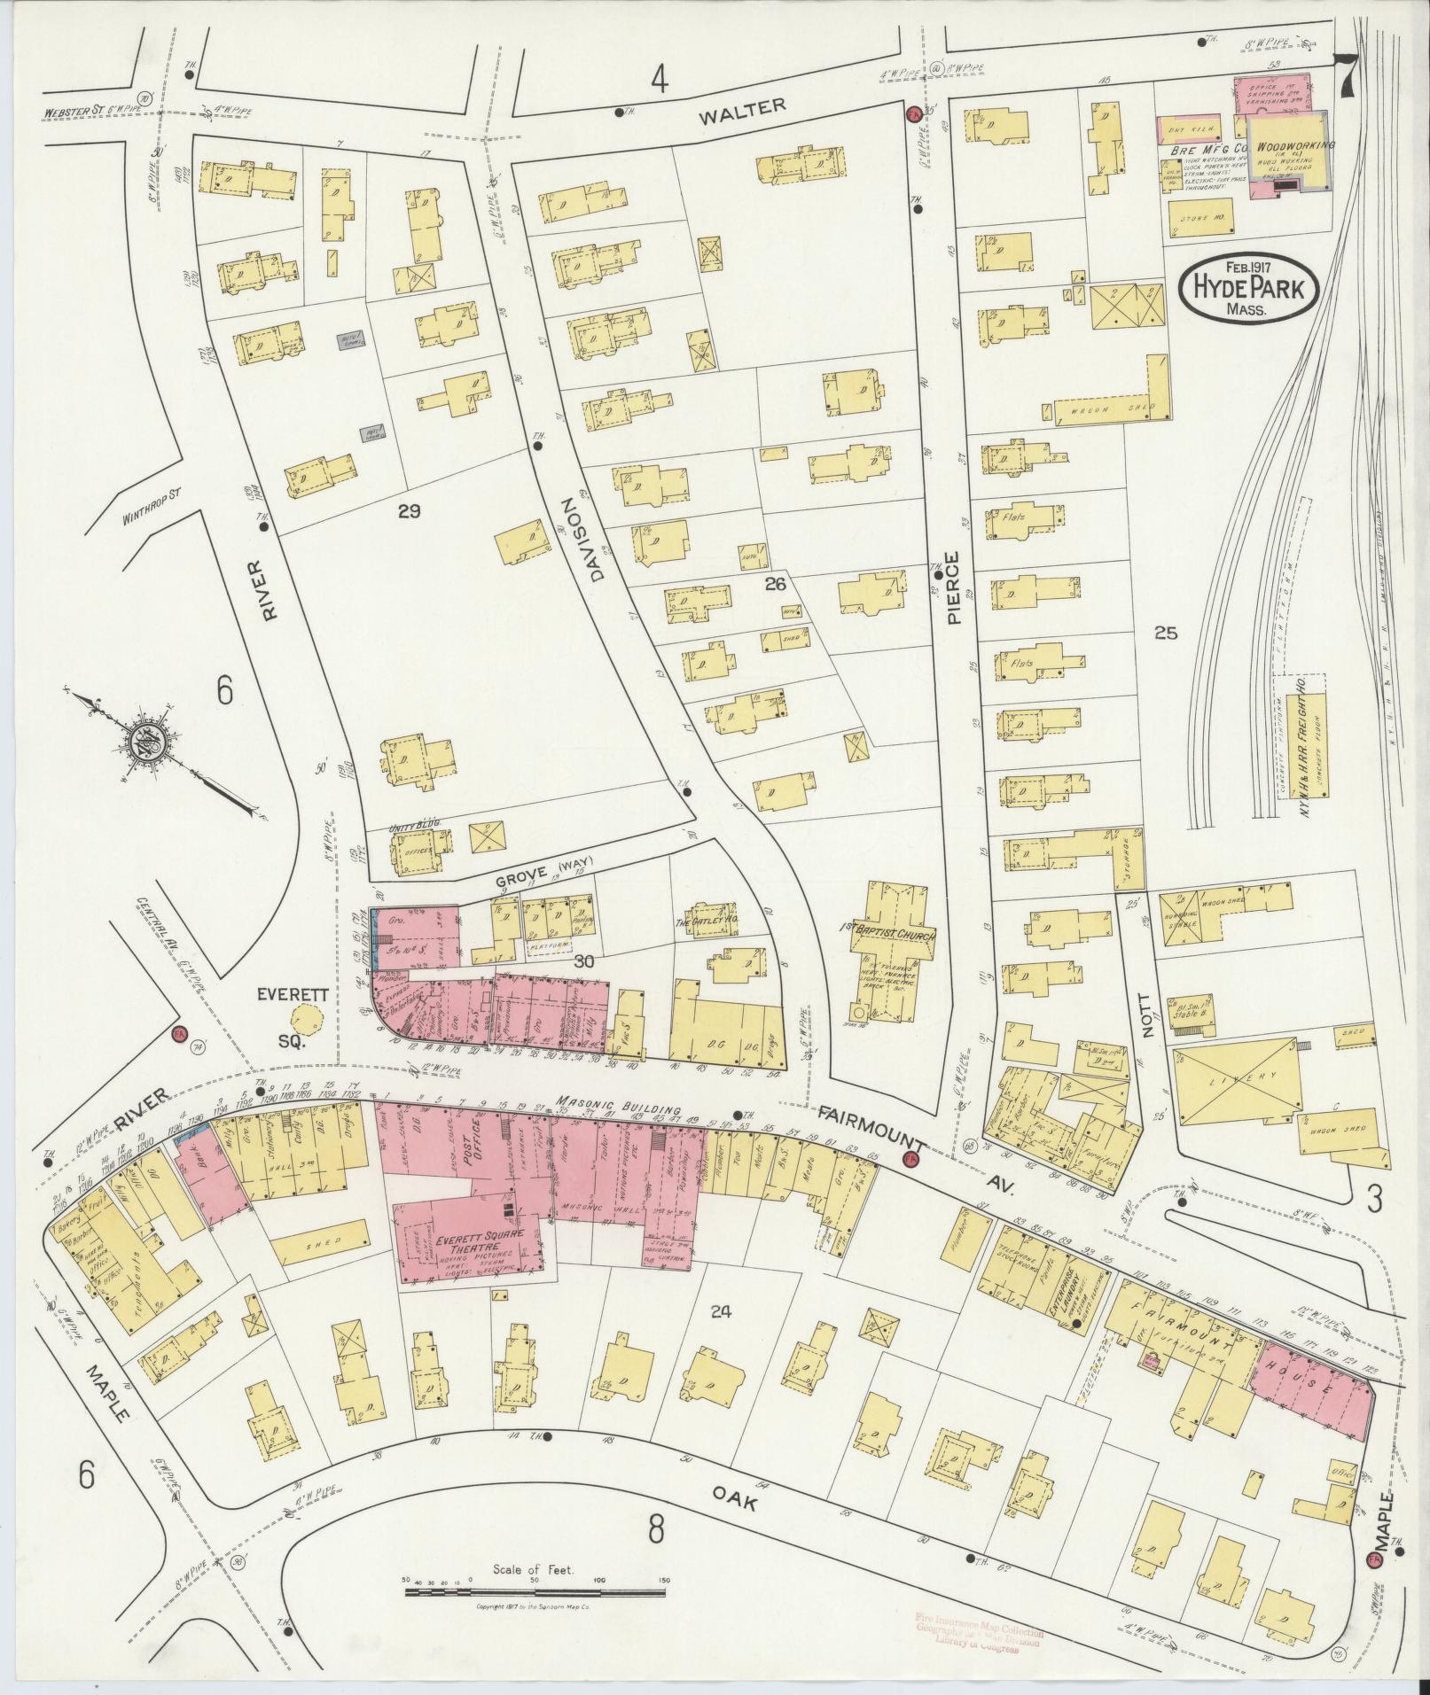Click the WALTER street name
[x=754, y=106]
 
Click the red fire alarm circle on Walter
[x=911, y=113]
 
